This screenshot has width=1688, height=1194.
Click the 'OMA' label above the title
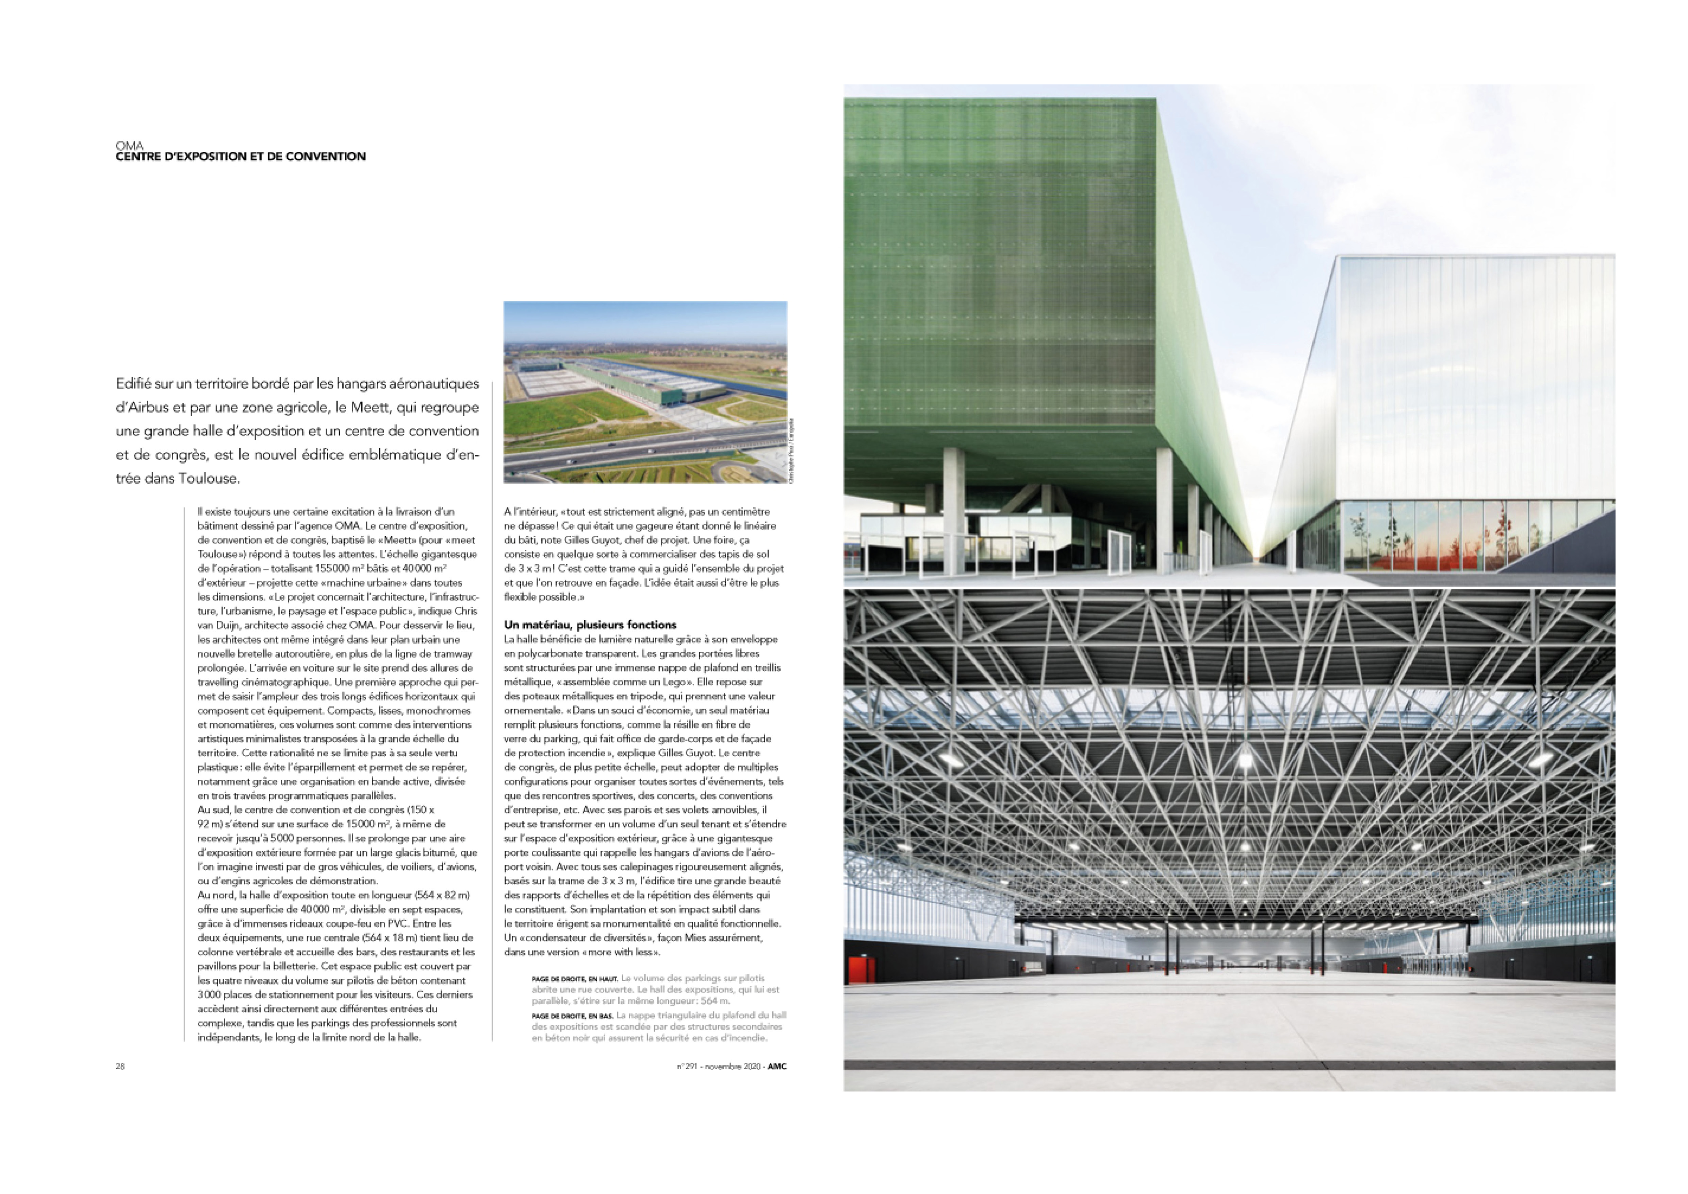pyautogui.click(x=129, y=146)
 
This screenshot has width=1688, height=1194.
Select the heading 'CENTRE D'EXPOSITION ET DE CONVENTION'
pyautogui.click(x=241, y=157)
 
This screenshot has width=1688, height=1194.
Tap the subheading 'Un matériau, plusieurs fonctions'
pyautogui.click(x=590, y=625)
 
